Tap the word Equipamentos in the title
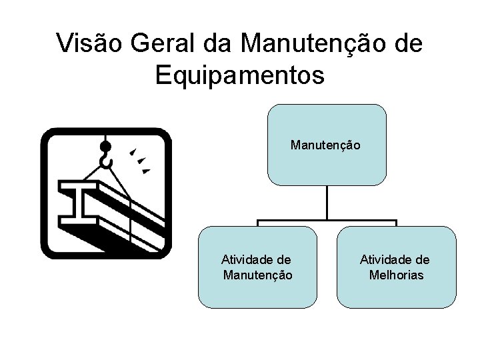pos(240,75)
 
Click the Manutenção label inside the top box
pos(326,144)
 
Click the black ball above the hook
pos(105,146)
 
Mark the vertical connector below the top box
pos(327,202)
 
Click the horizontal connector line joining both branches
pos(327,221)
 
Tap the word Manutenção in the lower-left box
pos(257,275)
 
